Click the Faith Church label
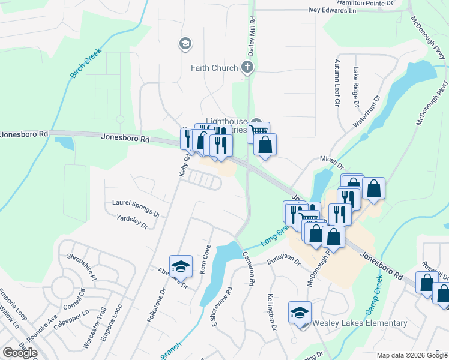(214, 68)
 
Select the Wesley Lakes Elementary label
(360, 323)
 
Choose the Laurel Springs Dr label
(136, 208)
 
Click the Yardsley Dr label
(132, 222)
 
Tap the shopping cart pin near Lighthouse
(258, 131)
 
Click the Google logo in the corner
(20, 353)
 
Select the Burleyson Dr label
(283, 259)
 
